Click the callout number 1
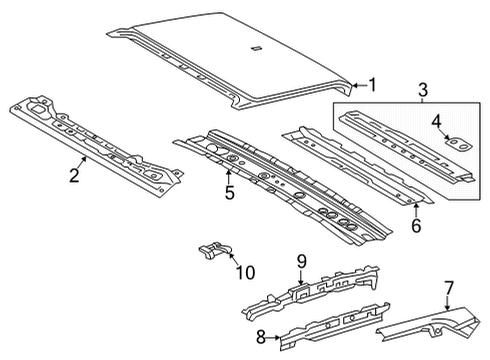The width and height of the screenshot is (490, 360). coord(372,85)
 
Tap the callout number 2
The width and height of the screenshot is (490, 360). coord(74,177)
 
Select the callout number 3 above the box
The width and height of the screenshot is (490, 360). coord(422,92)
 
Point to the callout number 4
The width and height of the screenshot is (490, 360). coord(436,124)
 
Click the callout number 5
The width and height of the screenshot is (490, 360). coord(229,192)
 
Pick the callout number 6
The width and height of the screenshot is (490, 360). coord(416,225)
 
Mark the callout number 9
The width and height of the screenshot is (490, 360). coord(299,263)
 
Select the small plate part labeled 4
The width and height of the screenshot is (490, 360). coord(457,144)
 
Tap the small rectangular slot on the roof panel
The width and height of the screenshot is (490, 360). coord(255,48)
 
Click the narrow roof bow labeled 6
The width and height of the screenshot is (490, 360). coord(350,165)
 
